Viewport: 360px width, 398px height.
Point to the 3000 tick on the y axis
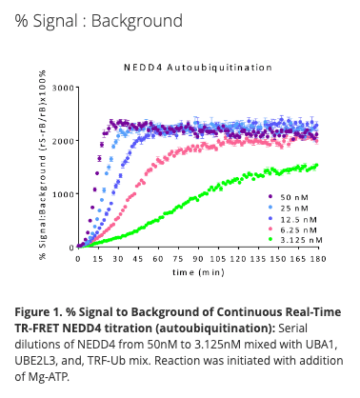(63, 88)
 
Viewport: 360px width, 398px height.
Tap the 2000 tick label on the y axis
(63, 141)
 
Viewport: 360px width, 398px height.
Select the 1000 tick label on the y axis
(63, 194)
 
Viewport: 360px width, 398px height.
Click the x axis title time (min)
(198, 271)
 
